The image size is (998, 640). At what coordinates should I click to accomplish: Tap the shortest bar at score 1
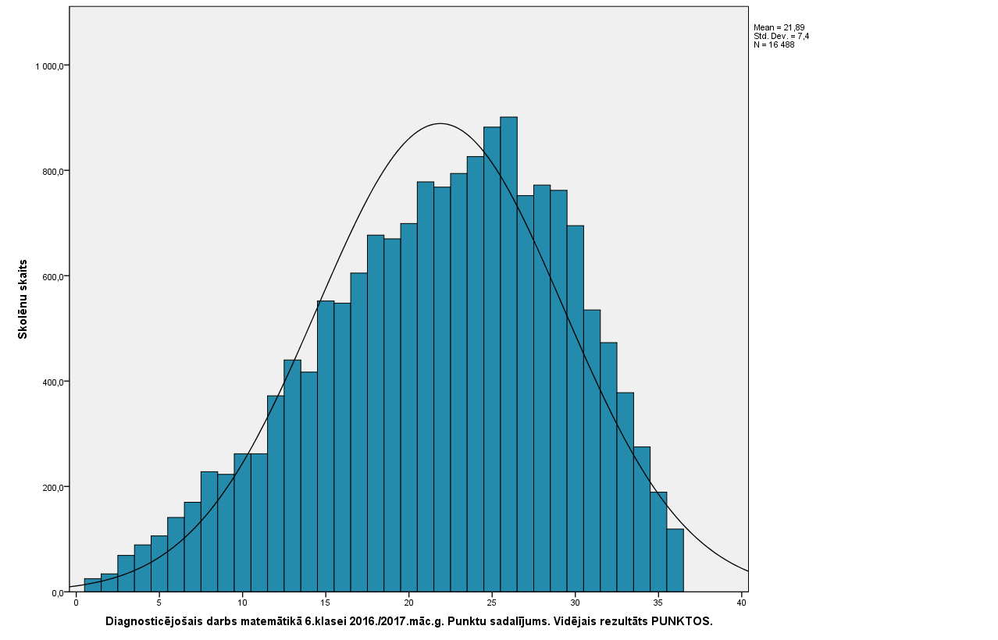point(92,585)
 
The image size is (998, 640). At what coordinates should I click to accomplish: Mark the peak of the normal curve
point(440,123)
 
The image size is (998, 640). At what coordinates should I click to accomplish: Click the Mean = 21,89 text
point(779,27)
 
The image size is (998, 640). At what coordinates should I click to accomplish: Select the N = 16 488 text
point(774,44)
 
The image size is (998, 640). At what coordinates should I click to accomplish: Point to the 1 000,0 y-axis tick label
point(49,66)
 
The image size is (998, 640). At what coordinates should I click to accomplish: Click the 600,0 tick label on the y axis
point(52,277)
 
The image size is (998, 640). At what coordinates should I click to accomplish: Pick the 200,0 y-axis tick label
point(52,488)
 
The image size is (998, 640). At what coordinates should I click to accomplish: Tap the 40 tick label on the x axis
point(741,603)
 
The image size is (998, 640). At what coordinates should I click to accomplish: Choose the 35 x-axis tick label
point(658,603)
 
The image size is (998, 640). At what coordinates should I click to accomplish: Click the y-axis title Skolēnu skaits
point(23,299)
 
